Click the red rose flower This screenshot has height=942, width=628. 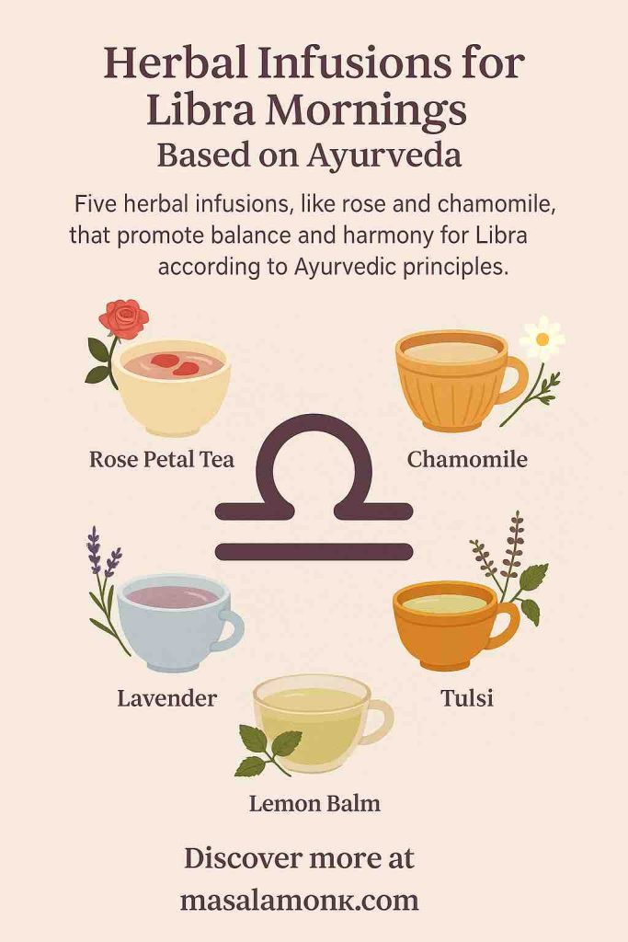[124, 318]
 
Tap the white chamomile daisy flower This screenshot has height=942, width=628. [542, 339]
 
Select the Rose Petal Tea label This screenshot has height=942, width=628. [162, 458]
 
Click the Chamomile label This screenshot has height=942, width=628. [467, 458]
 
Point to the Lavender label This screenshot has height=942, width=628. [167, 698]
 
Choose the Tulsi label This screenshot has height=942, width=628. [466, 698]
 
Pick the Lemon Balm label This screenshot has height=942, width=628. [314, 803]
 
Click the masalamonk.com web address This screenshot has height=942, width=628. [300, 899]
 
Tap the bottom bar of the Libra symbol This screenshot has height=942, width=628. [314, 552]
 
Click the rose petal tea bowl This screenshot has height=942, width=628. [172, 385]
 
